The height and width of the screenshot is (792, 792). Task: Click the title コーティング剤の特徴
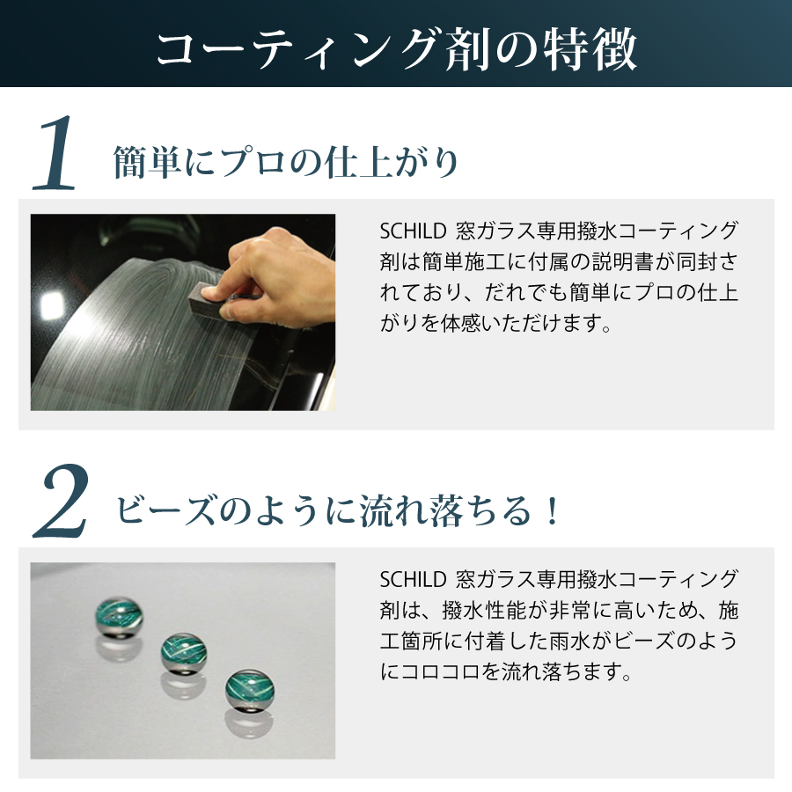pos(397,49)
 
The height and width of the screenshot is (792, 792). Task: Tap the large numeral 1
pos(54,154)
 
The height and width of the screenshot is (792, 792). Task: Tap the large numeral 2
pos(61,502)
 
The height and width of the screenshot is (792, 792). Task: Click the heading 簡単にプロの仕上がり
pos(285,162)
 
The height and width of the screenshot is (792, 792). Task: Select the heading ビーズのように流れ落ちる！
pos(337,510)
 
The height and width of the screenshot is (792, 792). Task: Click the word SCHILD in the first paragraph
pos(413,231)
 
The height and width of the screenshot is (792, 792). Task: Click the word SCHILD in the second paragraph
pos(413,580)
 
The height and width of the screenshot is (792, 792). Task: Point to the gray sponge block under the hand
pos(206,301)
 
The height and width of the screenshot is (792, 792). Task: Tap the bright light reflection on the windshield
pos(52,304)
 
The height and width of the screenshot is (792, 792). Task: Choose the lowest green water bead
pos(250,690)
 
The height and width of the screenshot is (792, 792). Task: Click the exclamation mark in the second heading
pos(553,510)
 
